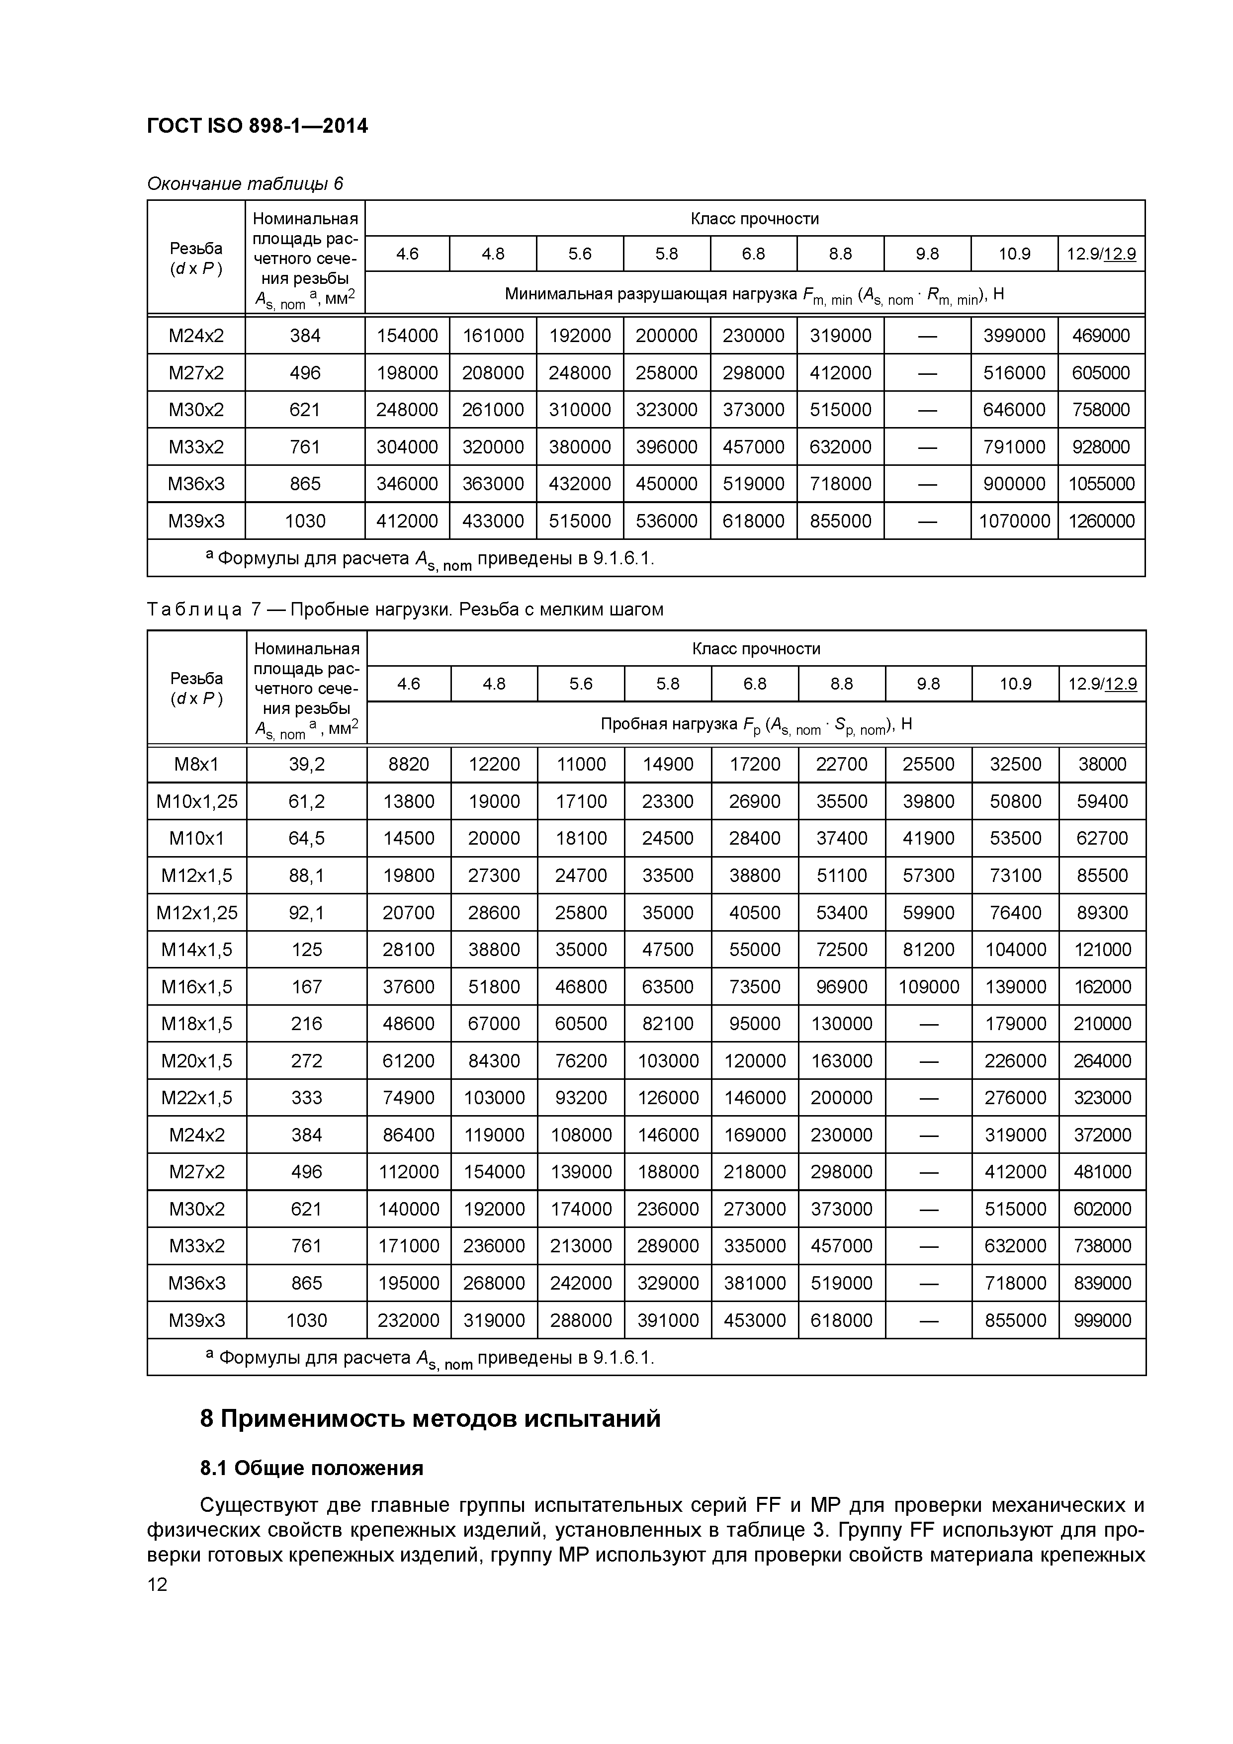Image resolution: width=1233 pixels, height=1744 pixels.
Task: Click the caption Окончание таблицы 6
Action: [x=245, y=184]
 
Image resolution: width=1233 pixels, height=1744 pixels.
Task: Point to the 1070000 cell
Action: [x=1014, y=521]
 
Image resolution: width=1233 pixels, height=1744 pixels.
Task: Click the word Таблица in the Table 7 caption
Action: [x=194, y=609]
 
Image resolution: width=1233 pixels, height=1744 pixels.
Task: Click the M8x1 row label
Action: [x=197, y=764]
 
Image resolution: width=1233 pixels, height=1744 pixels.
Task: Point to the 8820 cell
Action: [x=409, y=764]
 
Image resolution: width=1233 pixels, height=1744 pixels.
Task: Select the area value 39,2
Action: [x=306, y=764]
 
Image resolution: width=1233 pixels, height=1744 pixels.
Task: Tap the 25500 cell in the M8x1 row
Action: [x=928, y=764]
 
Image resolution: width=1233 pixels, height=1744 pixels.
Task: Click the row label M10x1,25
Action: [x=197, y=801]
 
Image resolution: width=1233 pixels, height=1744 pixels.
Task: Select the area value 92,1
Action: [x=306, y=912]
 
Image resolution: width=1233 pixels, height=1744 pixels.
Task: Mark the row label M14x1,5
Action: [x=197, y=950]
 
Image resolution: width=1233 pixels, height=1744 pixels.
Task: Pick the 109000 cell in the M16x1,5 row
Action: [x=928, y=987]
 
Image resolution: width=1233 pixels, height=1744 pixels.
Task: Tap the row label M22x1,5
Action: [x=197, y=1098]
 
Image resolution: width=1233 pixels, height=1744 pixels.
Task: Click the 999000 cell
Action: [x=1102, y=1320]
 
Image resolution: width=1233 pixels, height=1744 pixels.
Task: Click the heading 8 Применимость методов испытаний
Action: [x=430, y=1419]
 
